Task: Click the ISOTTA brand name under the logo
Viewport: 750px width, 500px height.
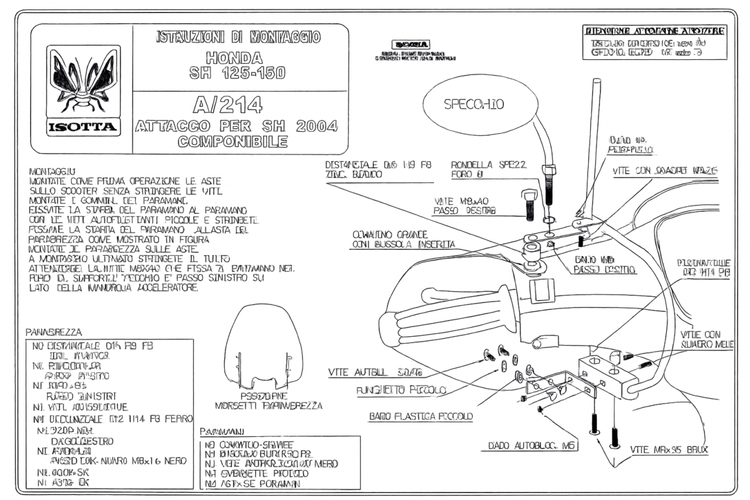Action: click(81, 127)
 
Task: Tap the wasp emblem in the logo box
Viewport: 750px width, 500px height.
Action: click(82, 80)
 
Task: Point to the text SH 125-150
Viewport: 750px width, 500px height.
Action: click(240, 74)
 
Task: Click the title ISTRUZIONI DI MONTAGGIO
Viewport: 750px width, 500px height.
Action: click(239, 37)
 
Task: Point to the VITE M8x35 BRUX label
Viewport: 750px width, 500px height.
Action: click(664, 450)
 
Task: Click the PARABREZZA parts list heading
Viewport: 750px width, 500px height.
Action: click(55, 332)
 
